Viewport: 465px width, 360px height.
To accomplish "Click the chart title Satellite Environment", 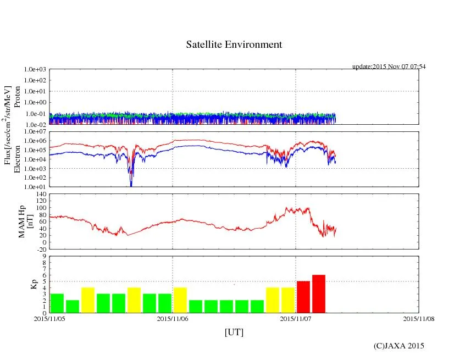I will click(x=234, y=45).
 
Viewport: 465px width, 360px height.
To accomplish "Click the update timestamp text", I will click(x=389, y=67).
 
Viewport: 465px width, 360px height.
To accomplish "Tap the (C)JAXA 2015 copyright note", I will click(x=398, y=346).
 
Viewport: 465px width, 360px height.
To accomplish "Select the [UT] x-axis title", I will click(x=234, y=332).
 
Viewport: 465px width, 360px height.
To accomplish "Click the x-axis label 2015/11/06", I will click(x=173, y=318).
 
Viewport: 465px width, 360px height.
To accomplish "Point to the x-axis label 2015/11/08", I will click(x=419, y=318).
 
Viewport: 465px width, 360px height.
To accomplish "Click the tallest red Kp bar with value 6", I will click(x=319, y=294).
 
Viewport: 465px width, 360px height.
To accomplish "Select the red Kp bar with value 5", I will click(x=303, y=297).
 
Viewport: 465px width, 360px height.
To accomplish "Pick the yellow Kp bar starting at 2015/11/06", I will click(x=180, y=300).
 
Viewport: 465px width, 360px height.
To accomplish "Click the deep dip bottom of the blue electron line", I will click(x=131, y=186).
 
